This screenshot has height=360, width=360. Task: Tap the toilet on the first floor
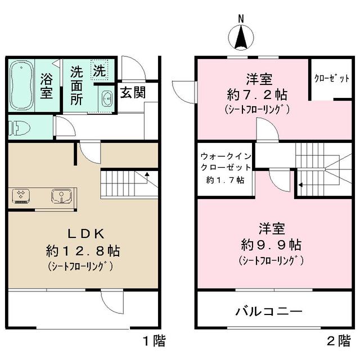pyautogui.click(x=19, y=128)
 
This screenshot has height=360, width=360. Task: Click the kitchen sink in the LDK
pyautogui.click(x=60, y=196)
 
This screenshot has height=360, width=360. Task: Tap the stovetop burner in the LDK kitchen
pyautogui.click(x=21, y=196)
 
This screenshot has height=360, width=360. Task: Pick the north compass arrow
pyautogui.click(x=241, y=38)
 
